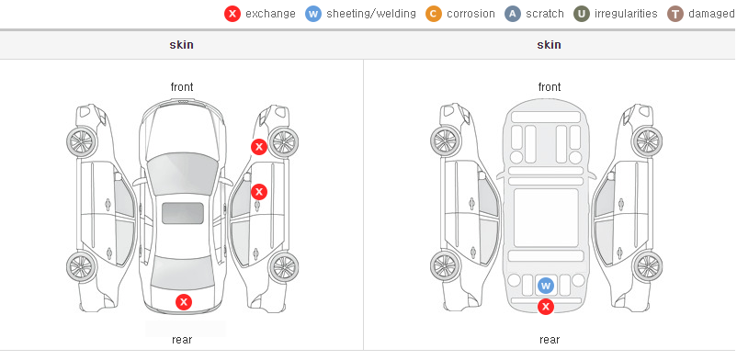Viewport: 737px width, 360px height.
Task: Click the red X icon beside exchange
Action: pyautogui.click(x=232, y=14)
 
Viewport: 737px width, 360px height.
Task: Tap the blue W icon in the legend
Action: pyautogui.click(x=313, y=14)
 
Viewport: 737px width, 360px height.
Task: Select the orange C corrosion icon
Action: pyautogui.click(x=434, y=14)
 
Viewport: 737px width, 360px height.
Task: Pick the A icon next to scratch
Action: pyautogui.click(x=513, y=14)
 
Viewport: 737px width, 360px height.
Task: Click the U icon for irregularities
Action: pyautogui.click(x=582, y=14)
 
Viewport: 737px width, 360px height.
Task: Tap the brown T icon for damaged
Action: pyautogui.click(x=675, y=14)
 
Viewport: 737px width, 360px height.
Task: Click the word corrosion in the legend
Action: pyautogui.click(x=471, y=14)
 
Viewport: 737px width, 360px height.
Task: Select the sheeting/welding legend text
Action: pyautogui.click(x=371, y=14)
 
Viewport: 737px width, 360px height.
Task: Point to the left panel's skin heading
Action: pyautogui.click(x=181, y=45)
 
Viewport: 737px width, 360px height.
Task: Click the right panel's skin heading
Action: pyautogui.click(x=549, y=45)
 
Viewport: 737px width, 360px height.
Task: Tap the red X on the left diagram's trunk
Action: pyautogui.click(x=184, y=302)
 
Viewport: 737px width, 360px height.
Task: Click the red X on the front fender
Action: pyautogui.click(x=258, y=147)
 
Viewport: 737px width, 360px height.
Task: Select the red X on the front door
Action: pyautogui.click(x=258, y=191)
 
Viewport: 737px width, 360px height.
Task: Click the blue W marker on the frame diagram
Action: pyautogui.click(x=545, y=286)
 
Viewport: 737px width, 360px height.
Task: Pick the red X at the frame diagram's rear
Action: pyautogui.click(x=545, y=307)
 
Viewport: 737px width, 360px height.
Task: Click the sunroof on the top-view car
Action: pyautogui.click(x=183, y=213)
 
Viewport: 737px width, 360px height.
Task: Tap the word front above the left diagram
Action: pyautogui.click(x=182, y=87)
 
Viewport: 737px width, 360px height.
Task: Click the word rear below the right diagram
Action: pyautogui.click(x=550, y=339)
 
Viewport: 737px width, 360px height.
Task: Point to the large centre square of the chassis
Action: pyautogui.click(x=546, y=217)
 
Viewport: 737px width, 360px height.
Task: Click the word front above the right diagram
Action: pyautogui.click(x=550, y=87)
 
